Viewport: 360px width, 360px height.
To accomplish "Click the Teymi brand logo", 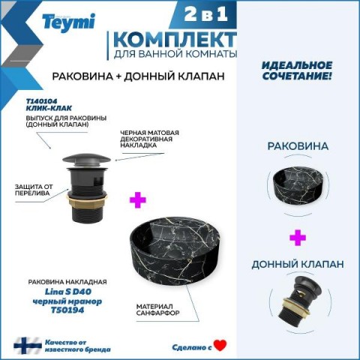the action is pos(68,22).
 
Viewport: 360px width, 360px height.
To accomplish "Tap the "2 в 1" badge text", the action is pos(206,13).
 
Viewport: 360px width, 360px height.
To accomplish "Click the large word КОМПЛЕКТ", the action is pos(175,40).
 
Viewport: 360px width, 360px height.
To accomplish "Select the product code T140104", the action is pos(41,101).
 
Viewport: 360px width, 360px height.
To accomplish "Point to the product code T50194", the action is pos(67,310).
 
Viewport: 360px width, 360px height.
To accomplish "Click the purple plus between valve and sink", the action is pos(138,199).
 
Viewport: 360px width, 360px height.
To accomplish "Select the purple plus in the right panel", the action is pos(298,238).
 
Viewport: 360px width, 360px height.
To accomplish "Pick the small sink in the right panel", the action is pos(298,184).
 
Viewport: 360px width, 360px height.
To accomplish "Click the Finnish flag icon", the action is pos(28,346).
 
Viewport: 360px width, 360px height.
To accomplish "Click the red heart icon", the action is pos(220,345).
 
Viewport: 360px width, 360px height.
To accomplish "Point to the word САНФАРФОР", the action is pos(157,313).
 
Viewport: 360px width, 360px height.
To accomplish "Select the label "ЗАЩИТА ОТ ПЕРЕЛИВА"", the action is pos(34,190).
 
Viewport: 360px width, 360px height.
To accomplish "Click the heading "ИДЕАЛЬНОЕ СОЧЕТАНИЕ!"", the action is pos(297,70).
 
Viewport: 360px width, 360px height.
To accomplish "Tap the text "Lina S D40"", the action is pos(68,292).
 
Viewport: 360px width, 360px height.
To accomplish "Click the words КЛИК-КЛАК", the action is pos(49,108).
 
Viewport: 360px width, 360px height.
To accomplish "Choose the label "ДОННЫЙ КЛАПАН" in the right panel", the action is pos(298,264).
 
